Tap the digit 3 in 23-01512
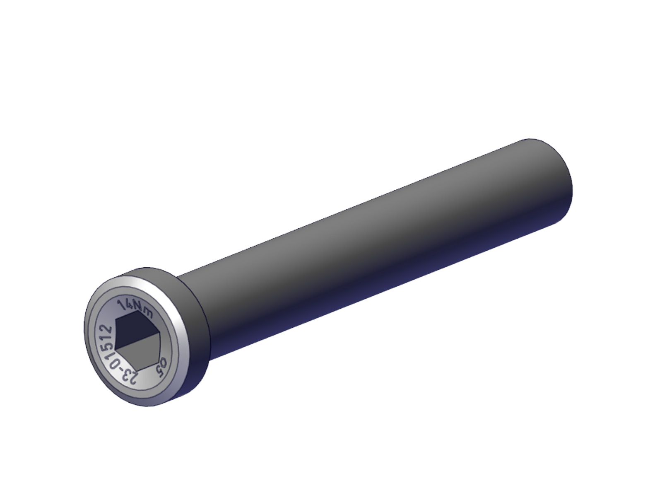[123, 372]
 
